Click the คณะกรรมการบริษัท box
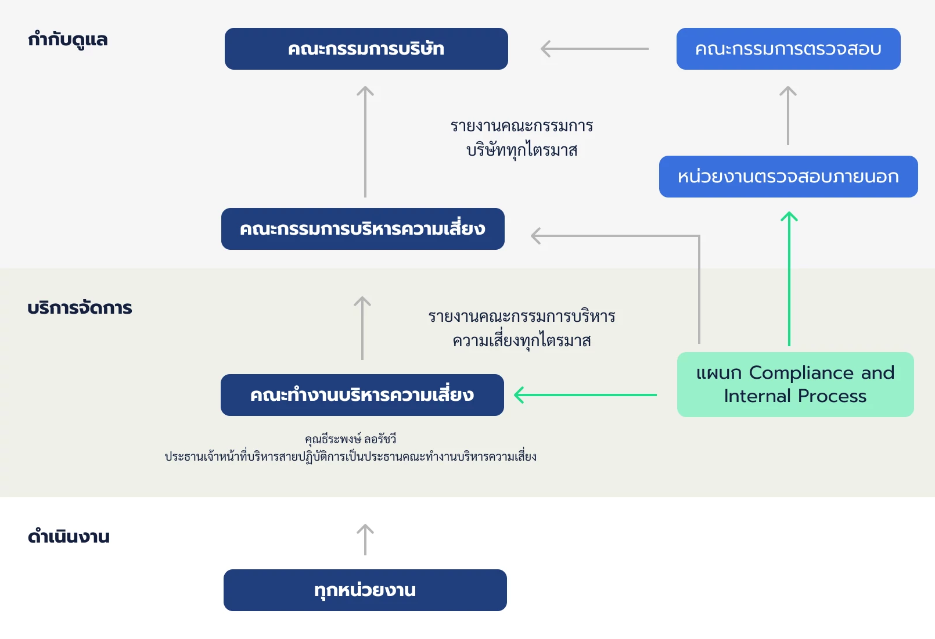point(366,49)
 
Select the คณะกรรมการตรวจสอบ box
point(788,49)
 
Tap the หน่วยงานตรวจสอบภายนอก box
point(788,177)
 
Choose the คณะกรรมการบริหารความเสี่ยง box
point(362,229)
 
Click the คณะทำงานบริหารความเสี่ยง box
point(362,395)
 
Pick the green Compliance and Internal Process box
point(795,385)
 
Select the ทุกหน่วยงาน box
point(365,590)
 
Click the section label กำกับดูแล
point(68,40)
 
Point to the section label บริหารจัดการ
point(80,308)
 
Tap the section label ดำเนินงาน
point(69,536)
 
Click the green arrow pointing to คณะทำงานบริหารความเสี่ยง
point(585,395)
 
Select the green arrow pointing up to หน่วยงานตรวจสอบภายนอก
point(789,279)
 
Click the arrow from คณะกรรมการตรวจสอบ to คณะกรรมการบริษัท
point(595,49)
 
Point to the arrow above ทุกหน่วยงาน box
point(365,540)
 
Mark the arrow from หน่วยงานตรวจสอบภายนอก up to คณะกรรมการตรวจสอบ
point(787,116)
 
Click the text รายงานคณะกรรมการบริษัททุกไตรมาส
point(522,138)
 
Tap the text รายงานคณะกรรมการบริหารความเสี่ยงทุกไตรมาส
point(522,329)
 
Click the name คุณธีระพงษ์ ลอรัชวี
point(350,439)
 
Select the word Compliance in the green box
point(801,373)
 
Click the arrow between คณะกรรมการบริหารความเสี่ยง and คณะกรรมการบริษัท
point(365,142)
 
